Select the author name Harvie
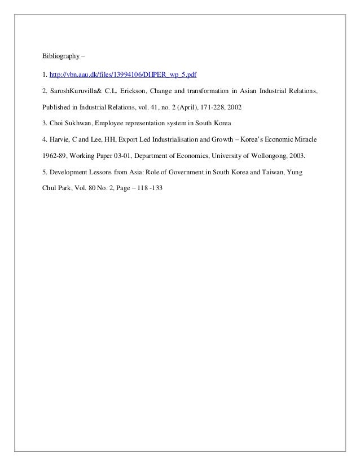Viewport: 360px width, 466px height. click(59, 138)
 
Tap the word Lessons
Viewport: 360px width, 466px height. click(100, 170)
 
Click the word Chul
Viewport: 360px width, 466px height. click(50, 186)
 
